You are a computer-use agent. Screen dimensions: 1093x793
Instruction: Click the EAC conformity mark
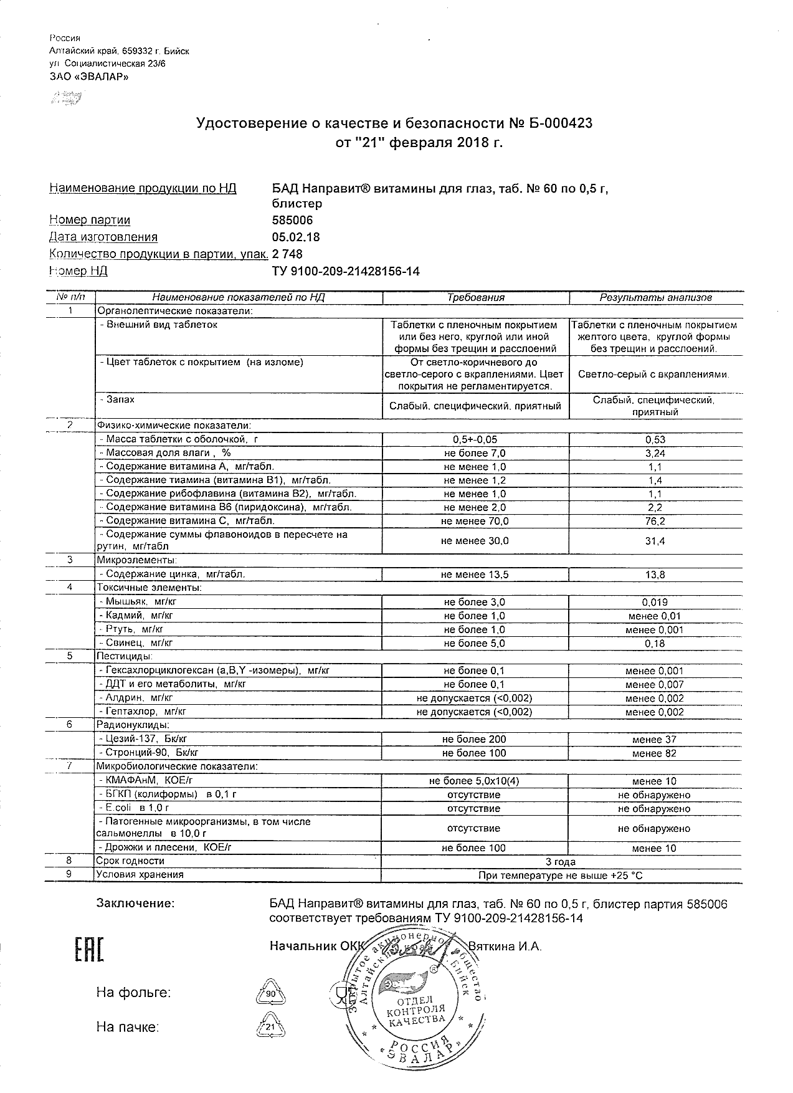click(x=89, y=949)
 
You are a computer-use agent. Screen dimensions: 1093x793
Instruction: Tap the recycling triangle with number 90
click(x=270, y=993)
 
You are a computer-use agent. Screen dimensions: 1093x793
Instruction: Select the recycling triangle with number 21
click(x=270, y=1026)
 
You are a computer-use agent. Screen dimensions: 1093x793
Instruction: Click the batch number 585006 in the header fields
click(x=292, y=220)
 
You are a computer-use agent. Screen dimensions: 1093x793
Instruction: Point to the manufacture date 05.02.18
click(x=296, y=237)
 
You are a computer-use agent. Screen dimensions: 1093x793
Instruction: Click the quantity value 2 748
click(x=287, y=254)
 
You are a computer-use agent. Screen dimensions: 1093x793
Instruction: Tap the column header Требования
click(x=475, y=297)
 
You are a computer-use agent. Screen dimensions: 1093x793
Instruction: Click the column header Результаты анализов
click(x=655, y=297)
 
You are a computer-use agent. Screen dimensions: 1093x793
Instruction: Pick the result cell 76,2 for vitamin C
click(x=655, y=521)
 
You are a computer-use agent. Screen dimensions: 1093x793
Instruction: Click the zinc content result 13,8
click(x=655, y=575)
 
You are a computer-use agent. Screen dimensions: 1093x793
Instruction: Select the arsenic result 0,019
click(x=655, y=602)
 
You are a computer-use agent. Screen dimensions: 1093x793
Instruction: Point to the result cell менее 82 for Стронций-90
click(x=655, y=753)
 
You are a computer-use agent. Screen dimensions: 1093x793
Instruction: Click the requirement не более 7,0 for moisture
click(x=475, y=453)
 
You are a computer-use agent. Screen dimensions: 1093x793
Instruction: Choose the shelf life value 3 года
click(x=561, y=862)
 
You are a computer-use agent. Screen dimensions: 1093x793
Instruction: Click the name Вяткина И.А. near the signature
click(x=505, y=946)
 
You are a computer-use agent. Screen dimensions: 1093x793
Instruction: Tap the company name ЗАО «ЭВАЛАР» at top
click(x=88, y=77)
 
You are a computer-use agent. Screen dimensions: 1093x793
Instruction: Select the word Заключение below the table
click(x=135, y=904)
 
